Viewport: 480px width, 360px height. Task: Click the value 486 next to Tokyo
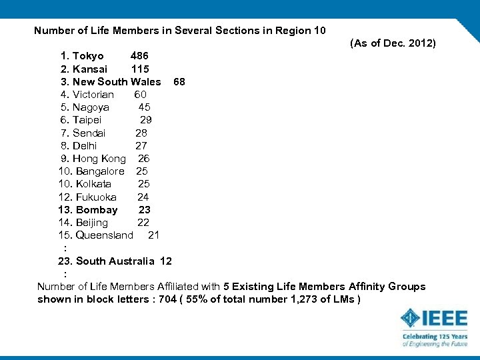[x=139, y=56]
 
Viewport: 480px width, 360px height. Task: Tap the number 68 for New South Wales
[x=179, y=82]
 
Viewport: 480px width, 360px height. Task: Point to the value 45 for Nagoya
[x=144, y=107]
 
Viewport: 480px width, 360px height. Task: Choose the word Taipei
[x=87, y=120]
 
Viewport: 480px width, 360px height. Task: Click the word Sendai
[x=89, y=133]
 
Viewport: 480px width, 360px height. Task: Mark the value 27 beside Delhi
[x=141, y=145]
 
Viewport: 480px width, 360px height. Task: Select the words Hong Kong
[x=99, y=159]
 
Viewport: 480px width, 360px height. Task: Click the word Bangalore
[x=100, y=171]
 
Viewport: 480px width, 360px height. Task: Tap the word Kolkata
[x=93, y=184]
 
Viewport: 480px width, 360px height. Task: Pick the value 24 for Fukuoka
[x=143, y=197]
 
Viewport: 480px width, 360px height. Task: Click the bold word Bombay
[x=97, y=210]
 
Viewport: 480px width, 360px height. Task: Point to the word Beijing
[x=92, y=223]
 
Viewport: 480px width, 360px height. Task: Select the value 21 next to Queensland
[x=153, y=235]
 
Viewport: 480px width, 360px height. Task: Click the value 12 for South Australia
[x=166, y=261]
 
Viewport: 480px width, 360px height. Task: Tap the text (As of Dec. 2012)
[x=393, y=43]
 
